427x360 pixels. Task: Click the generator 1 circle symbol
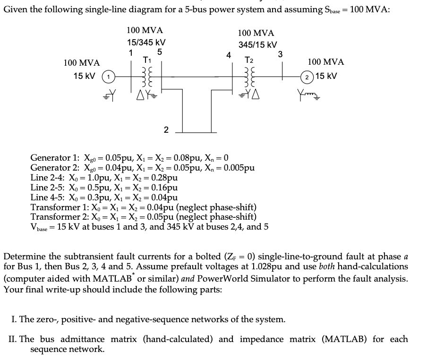point(108,77)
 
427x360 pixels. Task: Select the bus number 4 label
point(229,55)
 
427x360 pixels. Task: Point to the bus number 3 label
point(280,54)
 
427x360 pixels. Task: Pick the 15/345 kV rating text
point(146,42)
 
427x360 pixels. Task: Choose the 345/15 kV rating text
point(257,45)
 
